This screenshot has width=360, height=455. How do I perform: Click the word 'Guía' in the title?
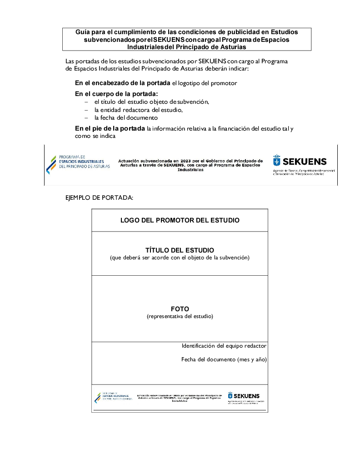click(x=83, y=32)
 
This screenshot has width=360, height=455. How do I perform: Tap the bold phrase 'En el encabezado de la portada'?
click(x=122, y=83)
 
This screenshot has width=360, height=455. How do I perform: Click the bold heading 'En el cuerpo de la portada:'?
click(x=116, y=94)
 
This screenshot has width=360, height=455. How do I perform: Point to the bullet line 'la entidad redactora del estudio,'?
click(x=138, y=110)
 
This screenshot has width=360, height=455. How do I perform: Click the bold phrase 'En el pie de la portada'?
click(x=110, y=128)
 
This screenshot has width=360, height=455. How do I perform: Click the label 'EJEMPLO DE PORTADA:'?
click(x=100, y=197)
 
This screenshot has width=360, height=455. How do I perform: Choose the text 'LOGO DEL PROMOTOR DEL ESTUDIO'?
click(x=180, y=220)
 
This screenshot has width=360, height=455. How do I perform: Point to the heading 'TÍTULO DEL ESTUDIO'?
click(x=180, y=250)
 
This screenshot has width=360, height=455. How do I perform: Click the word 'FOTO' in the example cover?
click(x=180, y=309)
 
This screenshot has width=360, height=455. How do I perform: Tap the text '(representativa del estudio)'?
click(x=180, y=316)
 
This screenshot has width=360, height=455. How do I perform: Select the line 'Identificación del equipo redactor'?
click(x=224, y=346)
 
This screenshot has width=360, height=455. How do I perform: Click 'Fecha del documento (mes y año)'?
click(x=224, y=359)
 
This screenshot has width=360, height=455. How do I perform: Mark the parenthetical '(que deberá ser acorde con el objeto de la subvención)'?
click(x=180, y=258)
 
